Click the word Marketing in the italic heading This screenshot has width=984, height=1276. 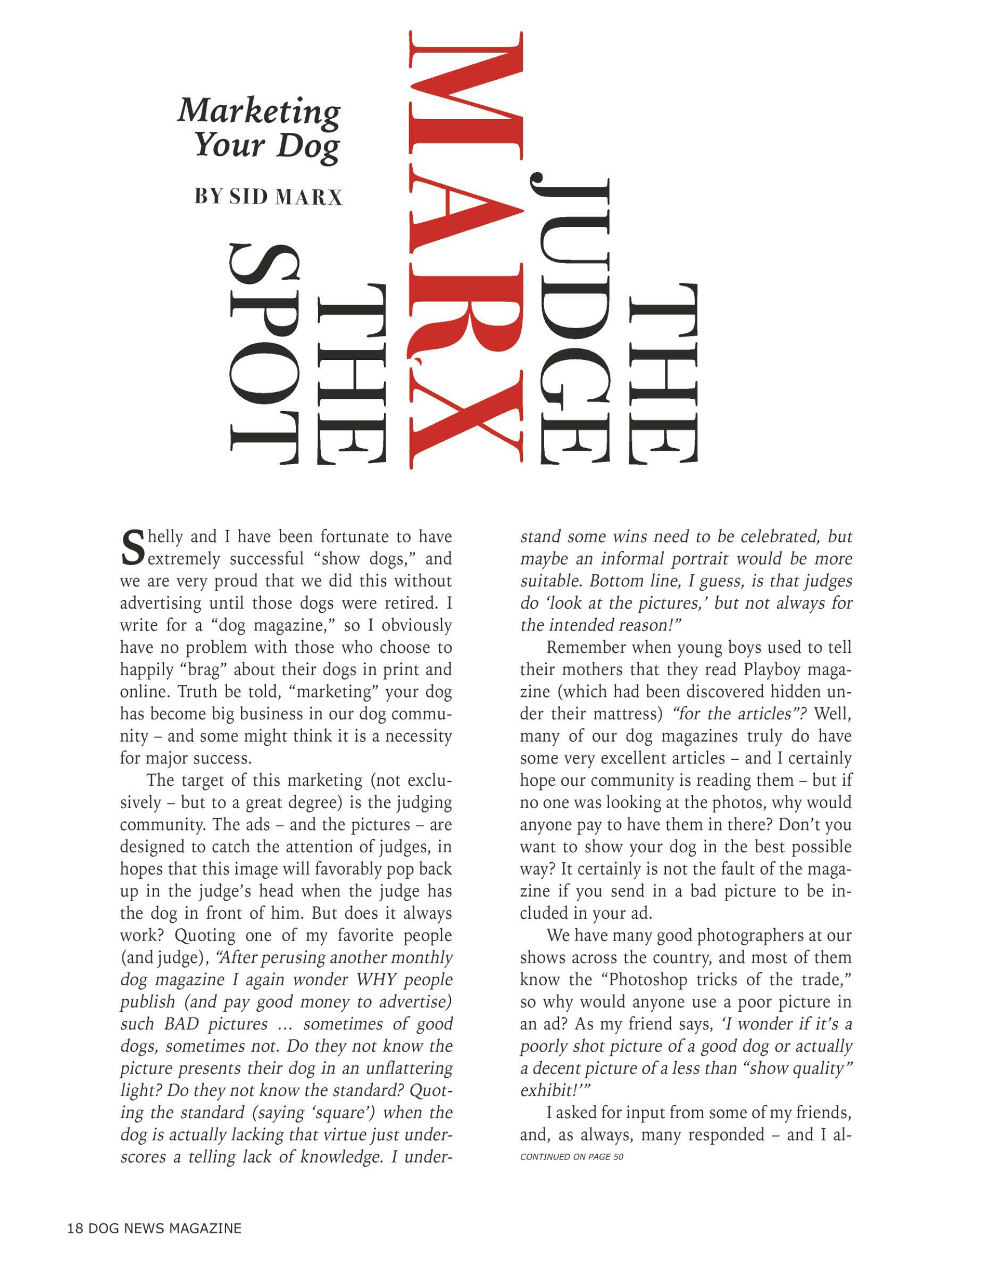click(259, 111)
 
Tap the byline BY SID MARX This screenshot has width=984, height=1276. click(268, 197)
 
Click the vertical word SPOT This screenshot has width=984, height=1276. click(264, 355)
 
